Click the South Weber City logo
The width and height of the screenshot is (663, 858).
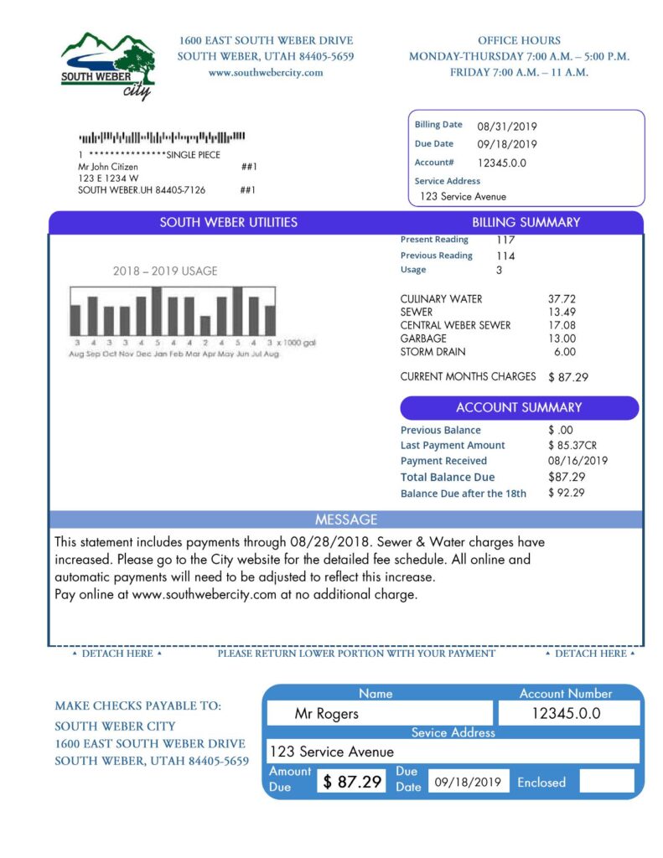(107, 65)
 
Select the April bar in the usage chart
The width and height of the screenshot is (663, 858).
(205, 325)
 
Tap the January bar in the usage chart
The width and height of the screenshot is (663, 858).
(157, 311)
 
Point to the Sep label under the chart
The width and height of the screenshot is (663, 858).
(92, 354)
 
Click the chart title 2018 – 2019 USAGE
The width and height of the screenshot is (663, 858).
(165, 271)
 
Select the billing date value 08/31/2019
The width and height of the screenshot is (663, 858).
(507, 127)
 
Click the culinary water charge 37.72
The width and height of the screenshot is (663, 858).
(562, 298)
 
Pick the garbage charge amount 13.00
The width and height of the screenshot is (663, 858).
(562, 339)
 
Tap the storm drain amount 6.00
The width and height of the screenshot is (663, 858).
(564, 352)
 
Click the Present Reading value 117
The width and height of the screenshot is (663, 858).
(505, 240)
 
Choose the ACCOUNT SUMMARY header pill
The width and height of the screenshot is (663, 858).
(519, 408)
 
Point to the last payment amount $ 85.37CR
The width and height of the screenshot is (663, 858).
(572, 445)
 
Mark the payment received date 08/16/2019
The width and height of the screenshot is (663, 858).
(578, 461)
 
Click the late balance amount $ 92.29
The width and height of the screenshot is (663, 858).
(567, 493)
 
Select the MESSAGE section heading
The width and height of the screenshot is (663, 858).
(346, 519)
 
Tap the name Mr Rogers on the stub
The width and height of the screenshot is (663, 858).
(327, 714)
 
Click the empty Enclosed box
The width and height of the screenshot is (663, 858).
(607, 782)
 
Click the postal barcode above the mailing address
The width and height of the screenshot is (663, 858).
(162, 137)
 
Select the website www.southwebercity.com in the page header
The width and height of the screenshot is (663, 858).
(265, 73)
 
